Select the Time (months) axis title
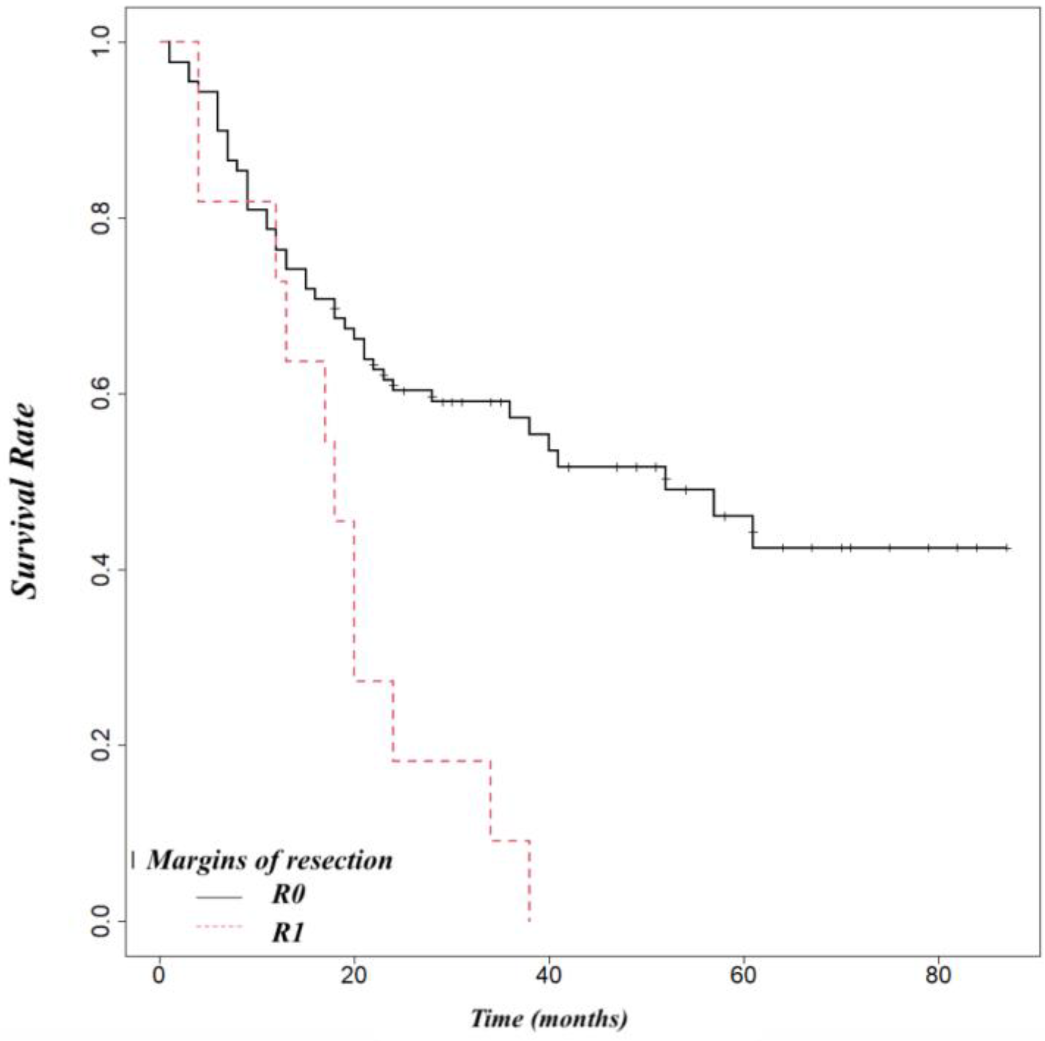[549, 1019]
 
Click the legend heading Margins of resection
[270, 860]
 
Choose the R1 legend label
[288, 933]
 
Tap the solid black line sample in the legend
[219, 897]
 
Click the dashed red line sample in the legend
[219, 927]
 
